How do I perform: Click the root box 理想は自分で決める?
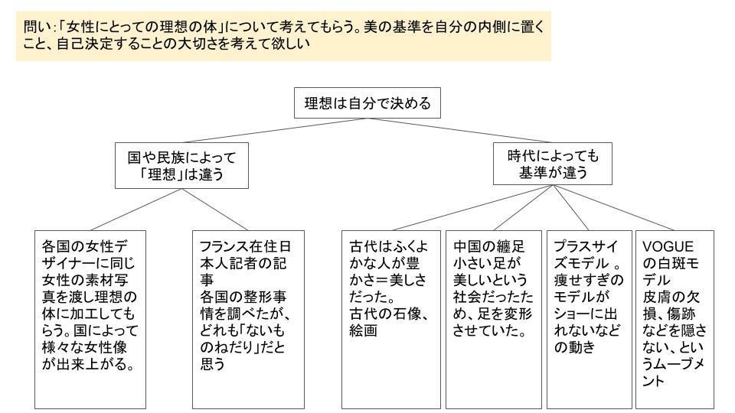[367, 102]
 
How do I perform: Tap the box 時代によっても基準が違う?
[553, 164]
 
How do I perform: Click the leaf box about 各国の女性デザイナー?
[90, 319]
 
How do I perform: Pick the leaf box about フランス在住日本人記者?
[247, 319]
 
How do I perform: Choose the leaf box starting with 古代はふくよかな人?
[391, 319]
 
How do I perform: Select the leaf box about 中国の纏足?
[495, 319]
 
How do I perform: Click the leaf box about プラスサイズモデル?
[588, 319]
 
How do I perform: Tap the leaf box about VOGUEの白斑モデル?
[675, 319]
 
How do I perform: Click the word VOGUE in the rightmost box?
[668, 246]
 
